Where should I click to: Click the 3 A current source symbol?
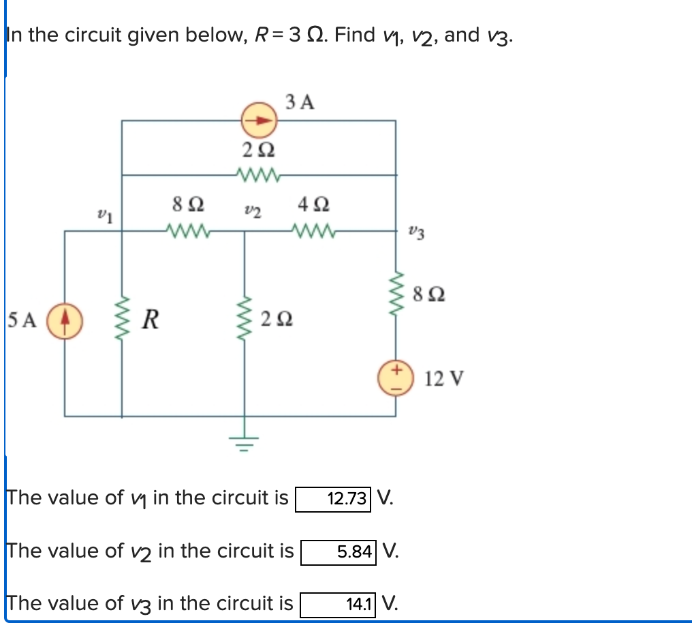[259, 121]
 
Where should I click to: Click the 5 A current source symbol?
[65, 320]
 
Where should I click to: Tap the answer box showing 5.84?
[339, 551]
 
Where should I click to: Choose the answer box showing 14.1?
[339, 604]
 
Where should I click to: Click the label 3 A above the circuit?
[300, 102]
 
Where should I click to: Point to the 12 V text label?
[444, 378]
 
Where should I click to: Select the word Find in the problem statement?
[356, 35]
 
